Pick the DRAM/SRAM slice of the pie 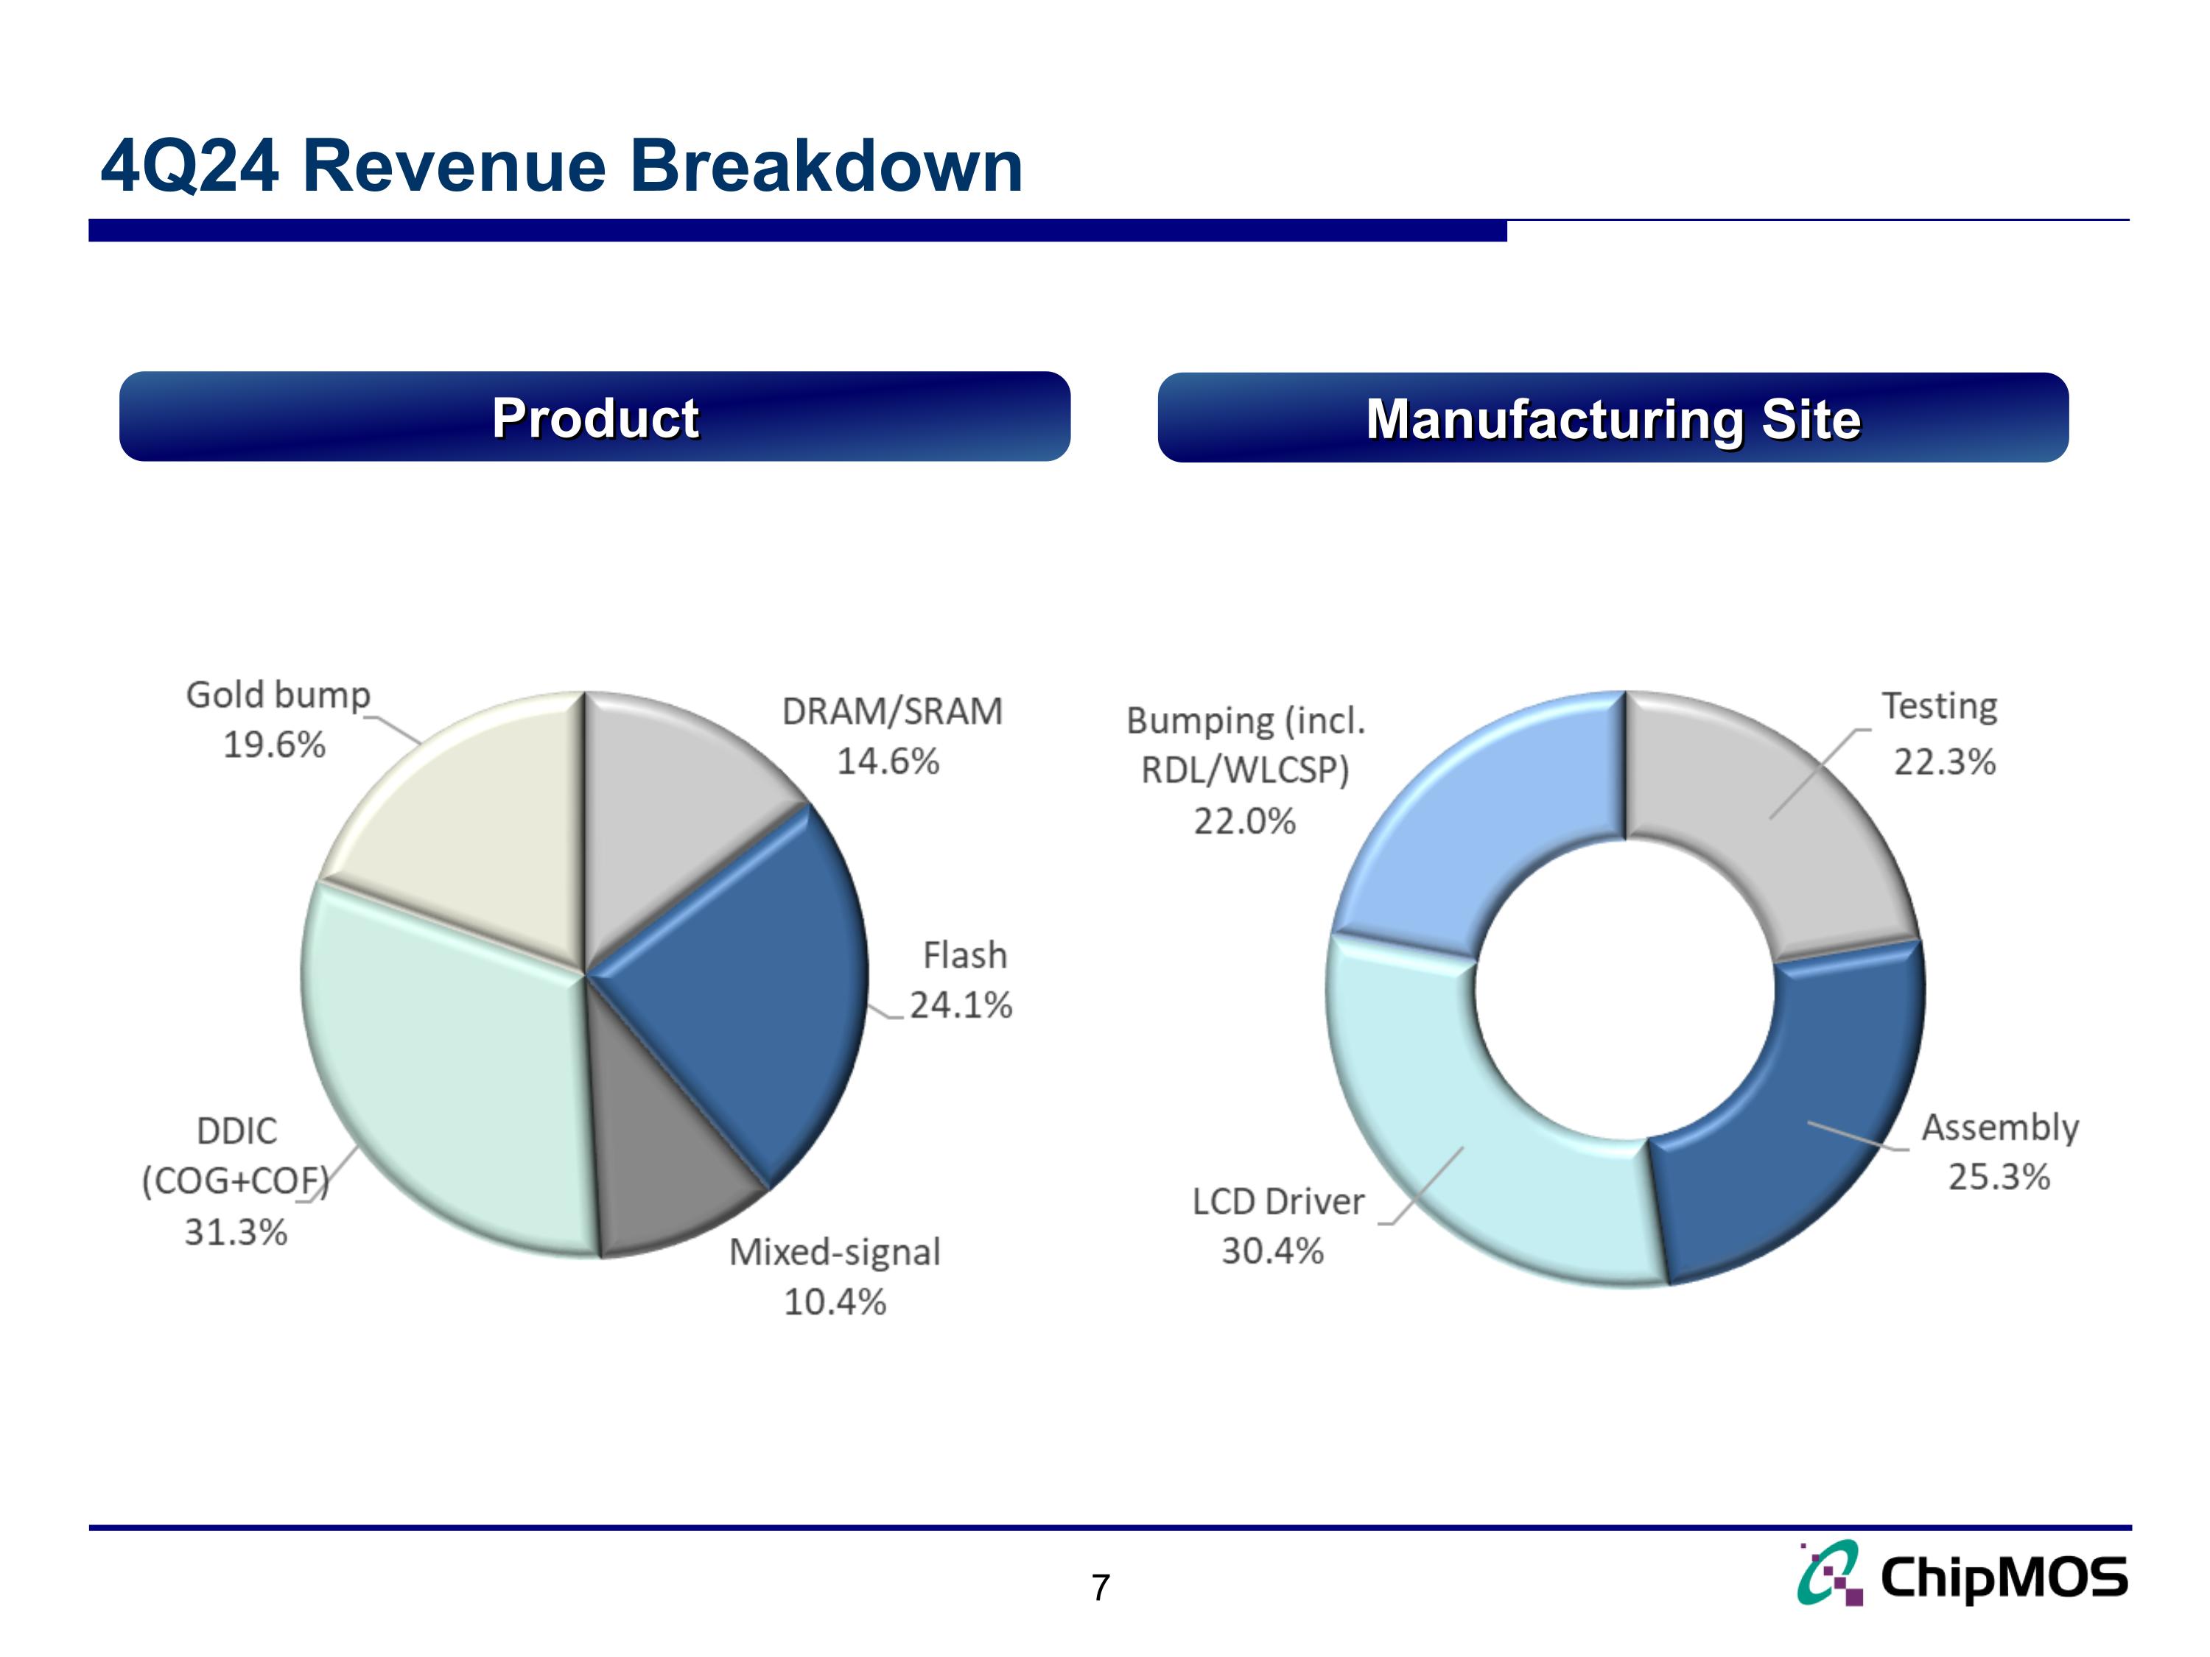pyautogui.click(x=679, y=799)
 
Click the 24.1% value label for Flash pyautogui.click(x=960, y=1005)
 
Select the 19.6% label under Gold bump pyautogui.click(x=274, y=745)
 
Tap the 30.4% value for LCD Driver pyautogui.click(x=1271, y=1250)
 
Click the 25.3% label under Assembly pyautogui.click(x=1998, y=1177)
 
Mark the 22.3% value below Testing pyautogui.click(x=1944, y=762)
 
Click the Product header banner pyautogui.click(x=594, y=417)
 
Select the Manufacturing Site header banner pyautogui.click(x=1613, y=418)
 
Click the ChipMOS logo pyautogui.click(x=1962, y=1577)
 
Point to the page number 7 pyautogui.click(x=1100, y=1587)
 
